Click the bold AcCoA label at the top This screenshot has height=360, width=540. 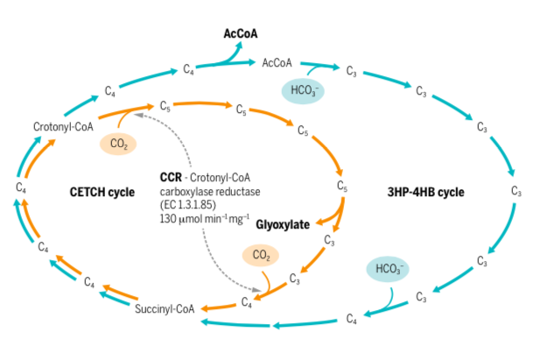pos(241,34)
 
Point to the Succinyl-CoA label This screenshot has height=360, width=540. pos(163,307)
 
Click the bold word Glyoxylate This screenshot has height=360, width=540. pos(283,224)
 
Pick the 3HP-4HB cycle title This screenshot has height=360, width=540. pos(425,192)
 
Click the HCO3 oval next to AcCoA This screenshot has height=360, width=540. pos(302,90)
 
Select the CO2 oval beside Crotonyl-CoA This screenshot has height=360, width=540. pos(118,144)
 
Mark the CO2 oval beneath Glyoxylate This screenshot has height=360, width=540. pos(261,256)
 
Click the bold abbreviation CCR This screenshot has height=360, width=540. pos(171,176)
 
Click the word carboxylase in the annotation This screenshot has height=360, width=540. pos(186,190)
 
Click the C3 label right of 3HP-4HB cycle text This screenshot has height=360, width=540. pos(516,191)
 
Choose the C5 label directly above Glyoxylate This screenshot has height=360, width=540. pos(342,186)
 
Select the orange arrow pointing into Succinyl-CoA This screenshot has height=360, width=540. pos(215,307)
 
